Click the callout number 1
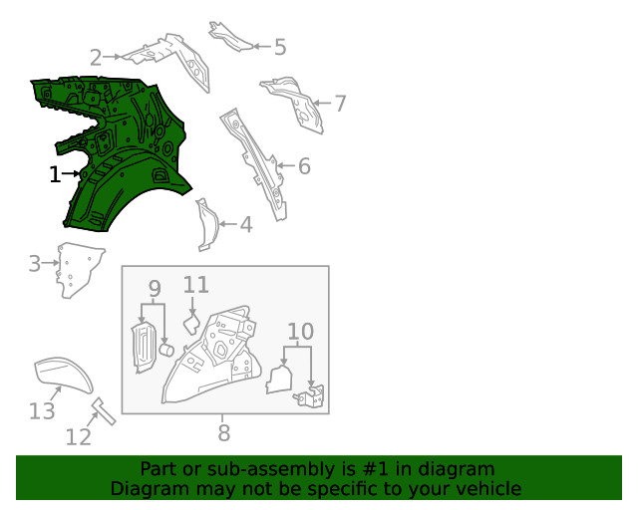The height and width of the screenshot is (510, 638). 55,174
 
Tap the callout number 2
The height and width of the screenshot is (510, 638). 96,58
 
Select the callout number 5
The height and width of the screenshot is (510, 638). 280,47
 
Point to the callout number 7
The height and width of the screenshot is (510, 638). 340,104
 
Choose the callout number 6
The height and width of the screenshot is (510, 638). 304,166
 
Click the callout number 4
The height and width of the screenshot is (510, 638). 246,224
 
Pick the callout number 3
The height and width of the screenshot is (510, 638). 35,263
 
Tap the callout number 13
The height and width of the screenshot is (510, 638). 42,410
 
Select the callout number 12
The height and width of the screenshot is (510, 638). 79,437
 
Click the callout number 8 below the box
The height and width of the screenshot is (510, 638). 223,432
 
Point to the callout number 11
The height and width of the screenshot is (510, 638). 196,285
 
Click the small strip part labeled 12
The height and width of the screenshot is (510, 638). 104,411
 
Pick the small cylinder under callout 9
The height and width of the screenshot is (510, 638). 166,350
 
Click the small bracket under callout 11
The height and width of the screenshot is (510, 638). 190,324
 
